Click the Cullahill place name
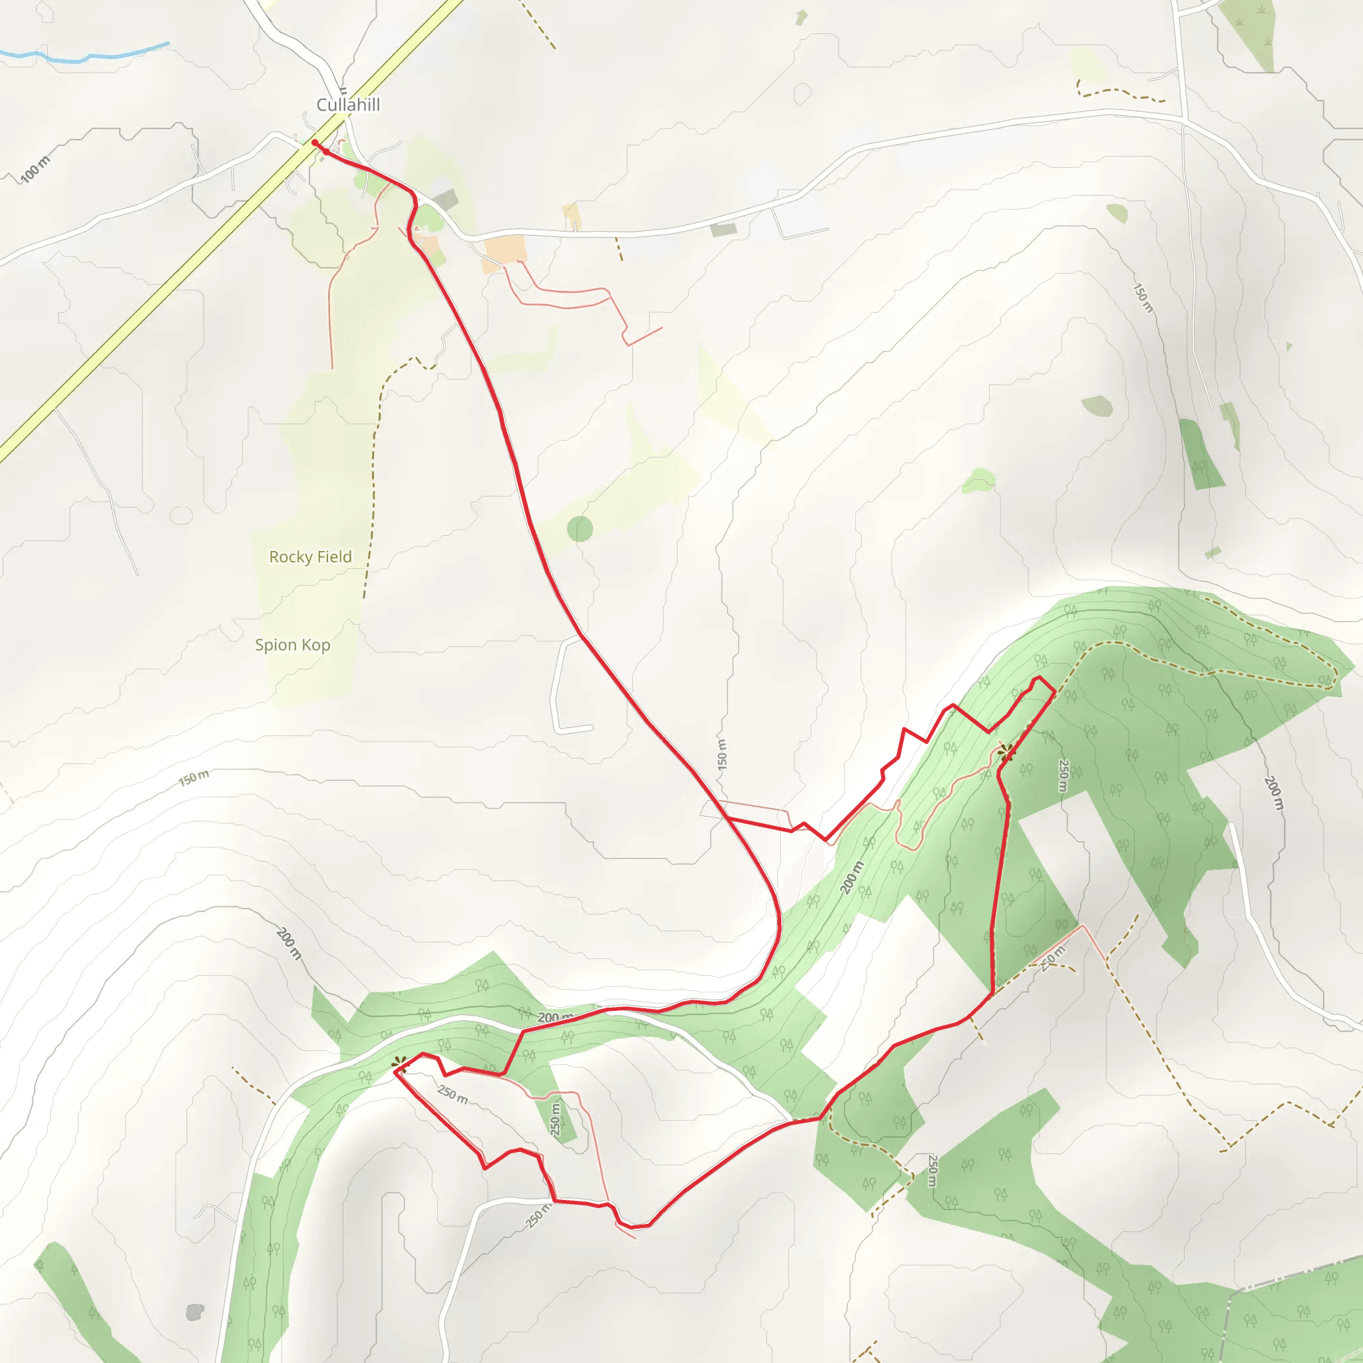(348, 105)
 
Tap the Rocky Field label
(310, 556)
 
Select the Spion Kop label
(292, 645)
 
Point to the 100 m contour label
(35, 169)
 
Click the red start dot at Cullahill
(315, 143)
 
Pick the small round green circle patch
(580, 528)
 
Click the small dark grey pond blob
(195, 1312)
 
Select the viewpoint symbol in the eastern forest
(1006, 752)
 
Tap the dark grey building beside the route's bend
(446, 200)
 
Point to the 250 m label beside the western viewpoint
(452, 1094)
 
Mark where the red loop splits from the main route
(727, 819)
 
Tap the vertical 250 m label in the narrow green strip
(556, 1119)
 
